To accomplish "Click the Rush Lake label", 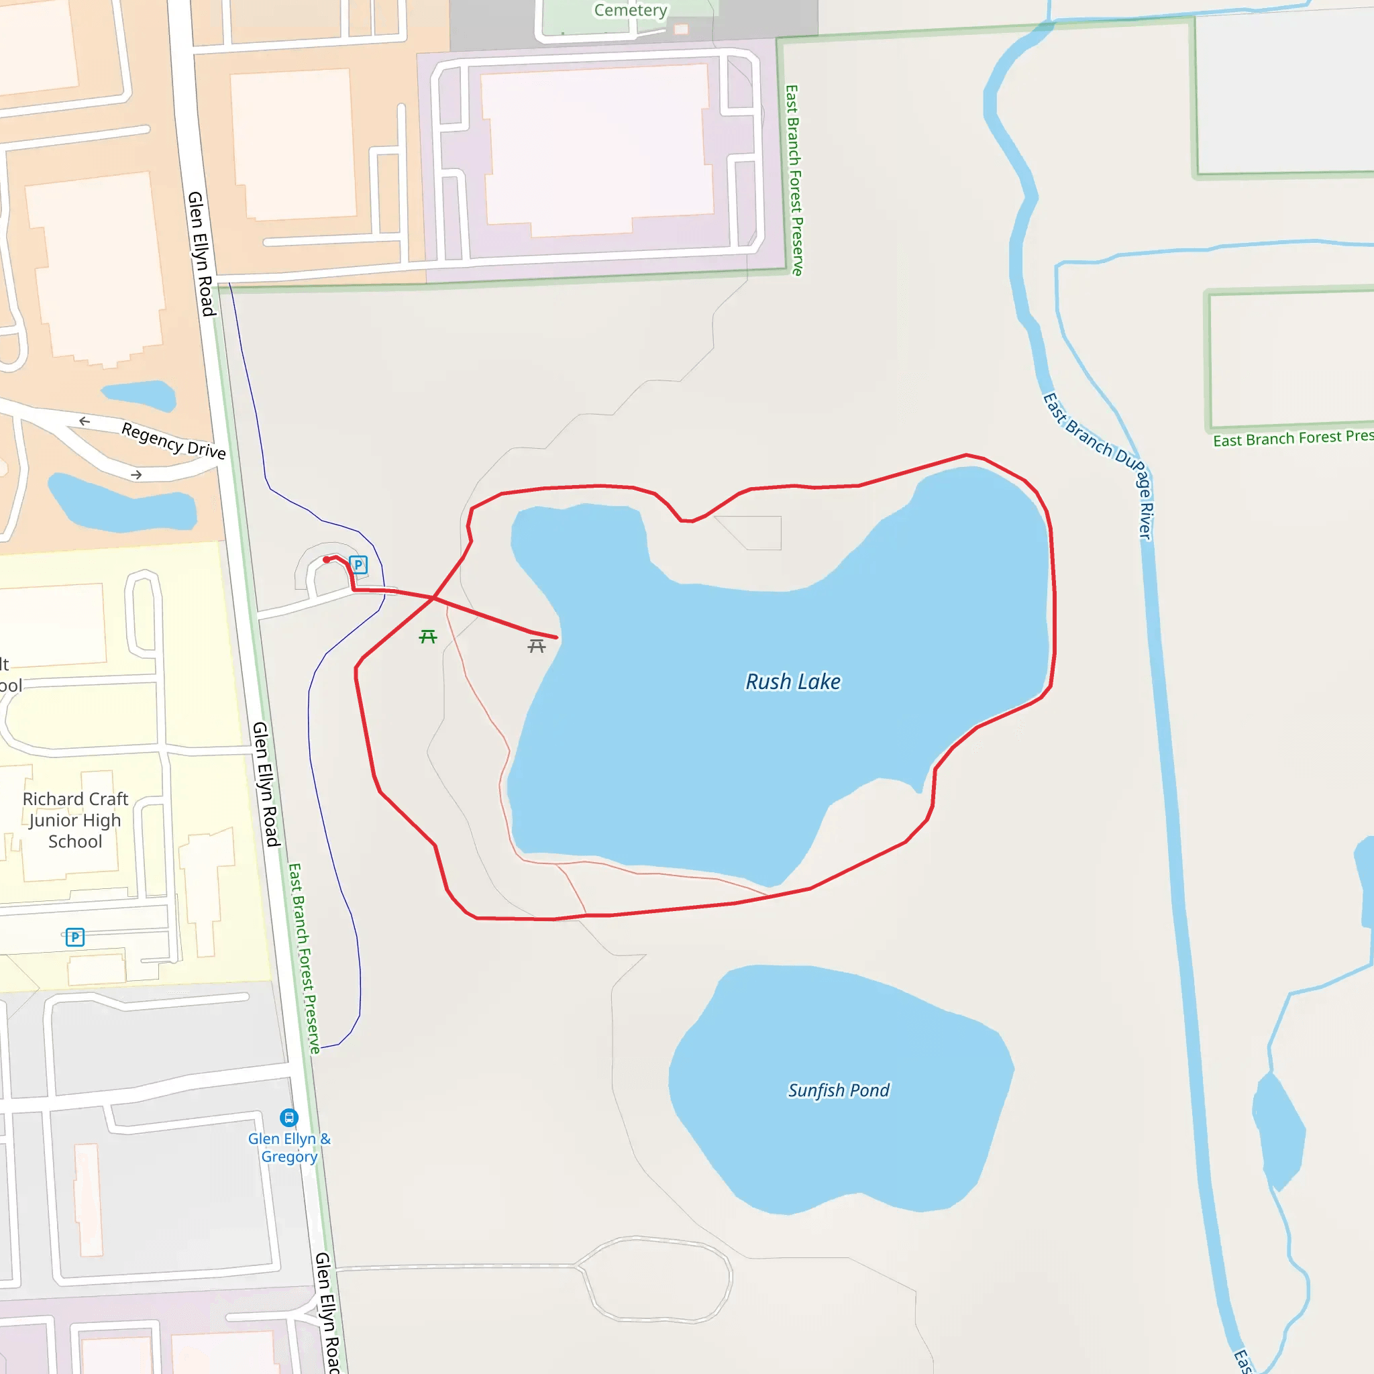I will coord(792,682).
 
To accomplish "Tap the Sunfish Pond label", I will coord(838,1090).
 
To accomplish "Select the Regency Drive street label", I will coord(174,440).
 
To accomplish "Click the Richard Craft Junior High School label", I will coord(75,820).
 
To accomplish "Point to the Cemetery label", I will coord(630,10).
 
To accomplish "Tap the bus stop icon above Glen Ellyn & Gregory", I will coord(288,1117).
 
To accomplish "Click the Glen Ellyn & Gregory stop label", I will coord(288,1147).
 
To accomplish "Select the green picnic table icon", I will coord(427,637).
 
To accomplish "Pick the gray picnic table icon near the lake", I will coord(536,646).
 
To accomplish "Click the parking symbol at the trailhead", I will coord(358,566).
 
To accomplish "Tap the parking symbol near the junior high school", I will coord(74,937).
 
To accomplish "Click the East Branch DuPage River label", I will coord(1099,462).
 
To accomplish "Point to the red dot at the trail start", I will coord(327,560).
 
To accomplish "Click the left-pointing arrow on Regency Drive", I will coord(85,421).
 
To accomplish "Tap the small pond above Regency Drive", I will coord(140,394).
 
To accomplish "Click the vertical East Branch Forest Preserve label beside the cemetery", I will coord(794,180).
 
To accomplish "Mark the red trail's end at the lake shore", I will coord(557,637).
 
